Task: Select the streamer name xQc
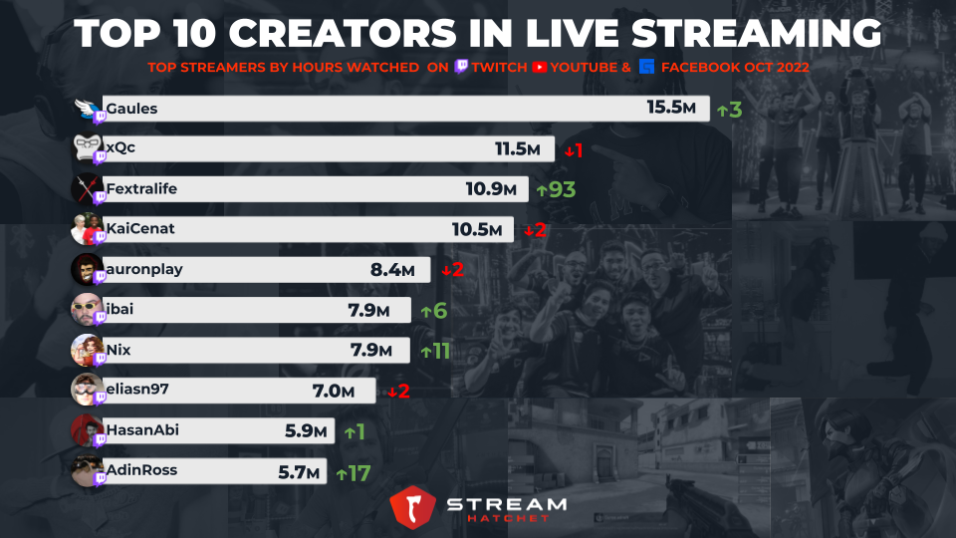120,148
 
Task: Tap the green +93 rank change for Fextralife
556,189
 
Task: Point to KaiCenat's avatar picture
86,228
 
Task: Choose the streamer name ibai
119,309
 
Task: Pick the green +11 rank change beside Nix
437,351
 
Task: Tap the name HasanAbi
141,430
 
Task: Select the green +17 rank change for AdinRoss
354,472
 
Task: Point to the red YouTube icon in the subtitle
540,68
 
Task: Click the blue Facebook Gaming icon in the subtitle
647,68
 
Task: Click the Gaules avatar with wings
88,107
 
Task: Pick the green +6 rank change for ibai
433,310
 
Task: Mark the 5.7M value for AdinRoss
298,471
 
